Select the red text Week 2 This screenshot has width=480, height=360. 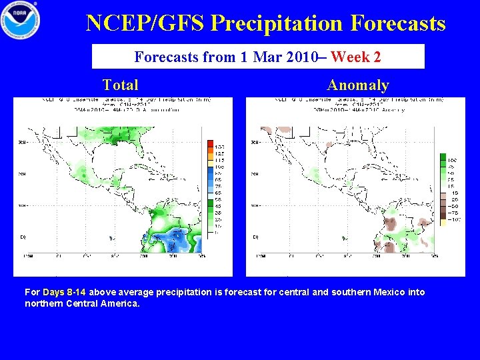pos(355,57)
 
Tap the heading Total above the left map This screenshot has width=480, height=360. pos(121,85)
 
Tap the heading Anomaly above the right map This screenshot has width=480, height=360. pos(357,85)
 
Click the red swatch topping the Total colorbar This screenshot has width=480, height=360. pos(211,145)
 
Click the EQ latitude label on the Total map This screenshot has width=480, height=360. pos(23,237)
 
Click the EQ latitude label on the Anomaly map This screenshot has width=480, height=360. pos(255,237)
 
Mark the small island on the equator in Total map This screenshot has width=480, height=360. pos(111,238)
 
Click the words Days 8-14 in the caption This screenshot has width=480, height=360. pos(65,292)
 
